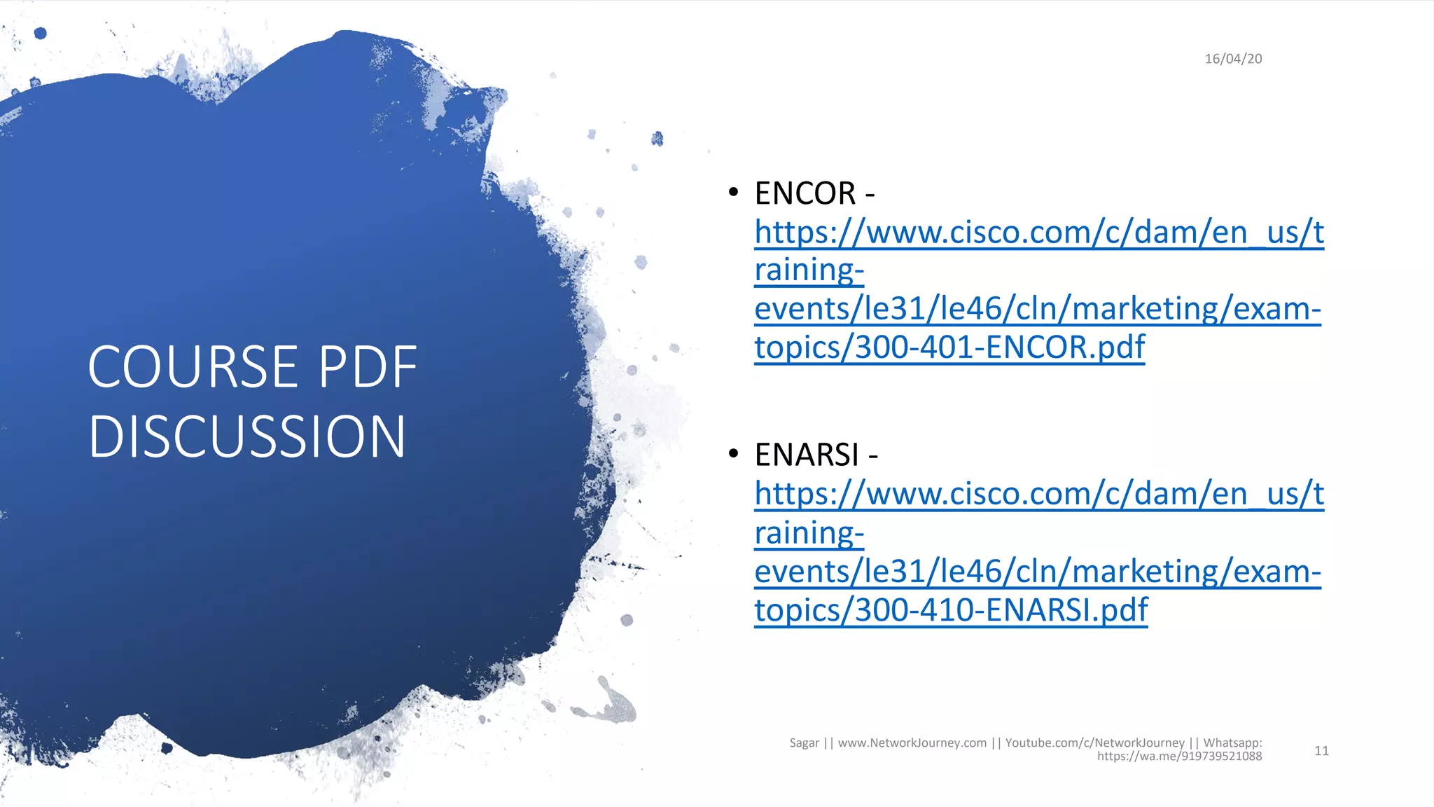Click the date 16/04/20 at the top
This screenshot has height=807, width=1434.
1233,59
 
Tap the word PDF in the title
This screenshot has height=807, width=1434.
368,367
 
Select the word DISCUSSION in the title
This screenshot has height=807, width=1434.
247,436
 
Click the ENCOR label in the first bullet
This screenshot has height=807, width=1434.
805,194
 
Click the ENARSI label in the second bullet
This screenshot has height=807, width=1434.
807,455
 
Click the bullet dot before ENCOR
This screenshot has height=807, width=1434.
733,192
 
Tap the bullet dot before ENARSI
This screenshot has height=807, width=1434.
733,454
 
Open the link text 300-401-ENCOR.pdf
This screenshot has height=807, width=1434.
1000,347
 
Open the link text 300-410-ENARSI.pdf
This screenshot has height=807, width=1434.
1001,610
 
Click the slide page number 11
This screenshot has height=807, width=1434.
1321,751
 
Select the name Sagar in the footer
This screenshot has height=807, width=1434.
804,743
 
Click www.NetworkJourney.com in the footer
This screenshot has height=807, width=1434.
912,743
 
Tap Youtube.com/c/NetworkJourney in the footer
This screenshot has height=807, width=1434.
1094,743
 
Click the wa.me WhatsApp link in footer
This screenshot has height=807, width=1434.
1179,757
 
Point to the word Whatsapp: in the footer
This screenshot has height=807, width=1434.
1232,743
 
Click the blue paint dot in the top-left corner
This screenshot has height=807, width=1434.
41,33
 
